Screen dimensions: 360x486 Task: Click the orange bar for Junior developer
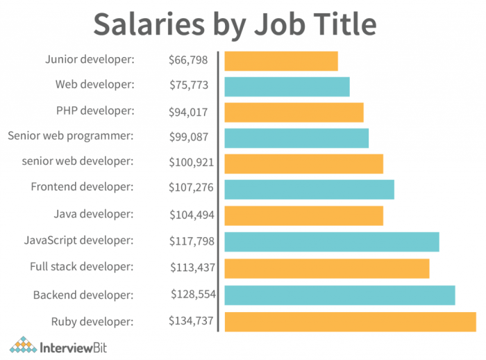(x=280, y=61)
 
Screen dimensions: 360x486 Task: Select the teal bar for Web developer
(x=287, y=86)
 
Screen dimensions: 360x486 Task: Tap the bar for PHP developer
(x=294, y=112)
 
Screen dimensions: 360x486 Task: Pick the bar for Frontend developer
(x=309, y=189)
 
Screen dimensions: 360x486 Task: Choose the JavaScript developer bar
(x=332, y=242)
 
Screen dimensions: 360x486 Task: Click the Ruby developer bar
(x=350, y=322)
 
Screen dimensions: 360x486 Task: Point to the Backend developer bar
(x=340, y=295)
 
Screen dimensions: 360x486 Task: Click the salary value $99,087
(x=188, y=137)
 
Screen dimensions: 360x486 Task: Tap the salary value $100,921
(x=191, y=163)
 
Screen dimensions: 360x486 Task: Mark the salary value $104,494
(x=191, y=215)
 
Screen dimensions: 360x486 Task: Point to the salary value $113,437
(x=192, y=267)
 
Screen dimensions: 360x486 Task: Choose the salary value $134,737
(x=191, y=321)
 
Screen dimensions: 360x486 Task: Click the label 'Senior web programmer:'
(x=70, y=136)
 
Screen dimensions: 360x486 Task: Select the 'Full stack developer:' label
(x=81, y=267)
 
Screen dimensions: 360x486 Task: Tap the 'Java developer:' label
(x=94, y=214)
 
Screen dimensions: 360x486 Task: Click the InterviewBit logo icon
(x=23, y=345)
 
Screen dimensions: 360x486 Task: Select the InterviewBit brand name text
(x=78, y=345)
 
